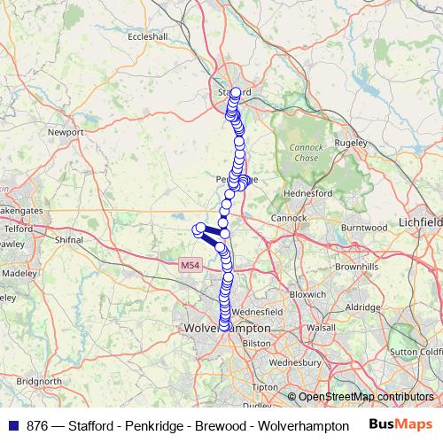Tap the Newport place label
click(66, 132)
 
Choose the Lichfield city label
click(419, 221)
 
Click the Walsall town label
click(322, 328)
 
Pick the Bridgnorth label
click(38, 380)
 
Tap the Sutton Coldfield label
click(415, 352)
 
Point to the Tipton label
click(264, 388)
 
